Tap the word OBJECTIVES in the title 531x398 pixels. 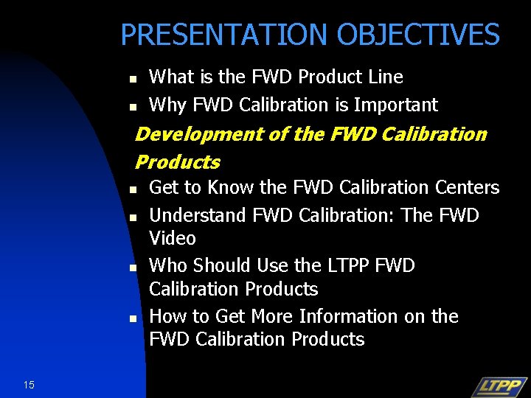coord(418,35)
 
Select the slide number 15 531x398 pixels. coord(29,384)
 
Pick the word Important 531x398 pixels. coord(395,105)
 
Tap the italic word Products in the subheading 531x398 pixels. coord(178,161)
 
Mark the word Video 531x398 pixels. coord(173,238)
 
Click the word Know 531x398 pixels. coord(231,188)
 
